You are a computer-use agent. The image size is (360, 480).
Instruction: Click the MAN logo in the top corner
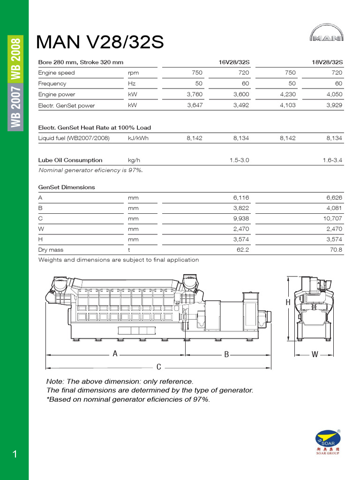[326, 36]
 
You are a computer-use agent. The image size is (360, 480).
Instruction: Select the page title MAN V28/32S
[100, 42]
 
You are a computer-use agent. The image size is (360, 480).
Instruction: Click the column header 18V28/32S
[327, 62]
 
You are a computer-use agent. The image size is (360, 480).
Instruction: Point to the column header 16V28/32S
[233, 62]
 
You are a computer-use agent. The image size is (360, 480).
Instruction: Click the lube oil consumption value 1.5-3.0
[239, 160]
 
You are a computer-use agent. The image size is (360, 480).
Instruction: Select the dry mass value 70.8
[336, 250]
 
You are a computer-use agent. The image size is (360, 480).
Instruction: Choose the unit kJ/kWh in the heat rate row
[138, 138]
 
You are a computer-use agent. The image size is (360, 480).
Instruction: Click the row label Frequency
[52, 83]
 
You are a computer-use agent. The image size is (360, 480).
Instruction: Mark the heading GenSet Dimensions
[67, 187]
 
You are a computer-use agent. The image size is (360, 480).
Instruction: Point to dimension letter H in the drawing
[288, 303]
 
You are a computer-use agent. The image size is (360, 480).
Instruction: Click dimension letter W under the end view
[315, 355]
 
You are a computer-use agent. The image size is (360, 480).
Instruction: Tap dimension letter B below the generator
[226, 355]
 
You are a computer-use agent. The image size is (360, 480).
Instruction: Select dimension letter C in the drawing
[159, 367]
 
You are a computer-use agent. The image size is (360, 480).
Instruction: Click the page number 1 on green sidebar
[15, 454]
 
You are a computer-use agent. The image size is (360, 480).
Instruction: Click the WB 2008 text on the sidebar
[16, 59]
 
